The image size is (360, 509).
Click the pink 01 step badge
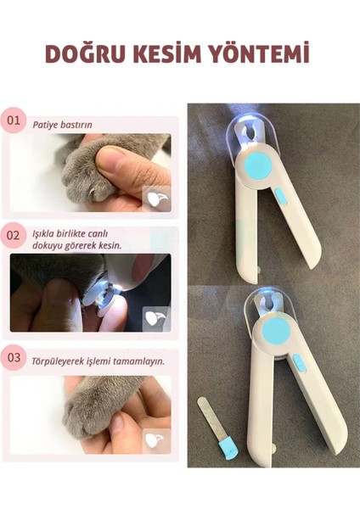click(x=14, y=120)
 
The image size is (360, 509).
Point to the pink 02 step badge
click(x=14, y=235)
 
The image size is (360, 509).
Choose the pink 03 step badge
click(x=14, y=358)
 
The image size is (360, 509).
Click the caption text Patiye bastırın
click(x=62, y=125)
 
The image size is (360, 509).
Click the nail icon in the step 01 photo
click(x=156, y=198)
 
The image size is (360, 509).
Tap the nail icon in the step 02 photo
click(x=156, y=318)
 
